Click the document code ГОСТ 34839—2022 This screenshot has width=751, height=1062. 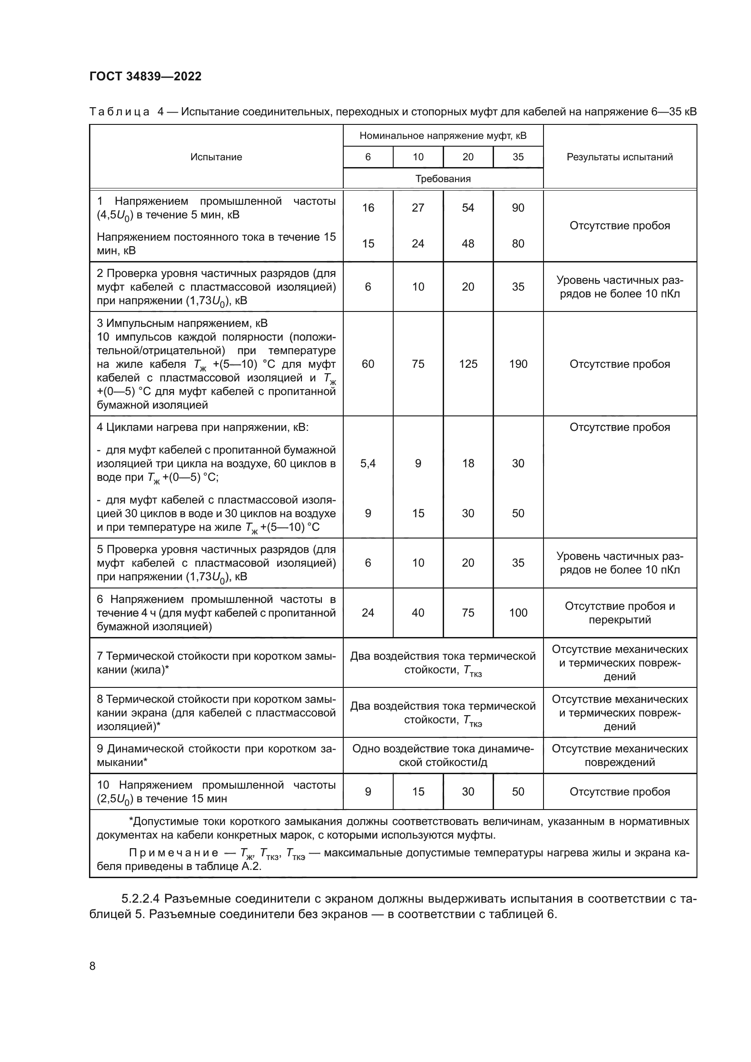(x=146, y=76)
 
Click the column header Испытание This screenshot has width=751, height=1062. (x=216, y=157)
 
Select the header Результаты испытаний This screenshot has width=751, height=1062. (x=620, y=157)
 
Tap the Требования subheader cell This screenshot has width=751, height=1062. (x=443, y=178)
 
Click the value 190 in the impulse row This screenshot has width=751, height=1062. (x=518, y=364)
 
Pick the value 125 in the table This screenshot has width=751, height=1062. (x=468, y=364)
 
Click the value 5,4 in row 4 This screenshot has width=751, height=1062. (x=368, y=463)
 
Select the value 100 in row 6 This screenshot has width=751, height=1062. (x=518, y=613)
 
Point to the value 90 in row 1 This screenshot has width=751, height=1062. (x=518, y=207)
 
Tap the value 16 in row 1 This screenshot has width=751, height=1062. (x=368, y=207)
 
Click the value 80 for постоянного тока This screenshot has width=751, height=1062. (x=518, y=243)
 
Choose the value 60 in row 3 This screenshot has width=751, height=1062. (x=368, y=364)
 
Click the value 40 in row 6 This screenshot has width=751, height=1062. (x=418, y=613)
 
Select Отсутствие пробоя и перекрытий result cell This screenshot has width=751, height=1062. (x=620, y=613)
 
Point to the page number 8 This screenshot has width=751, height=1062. (x=93, y=966)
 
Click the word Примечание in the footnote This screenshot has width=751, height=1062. (x=173, y=853)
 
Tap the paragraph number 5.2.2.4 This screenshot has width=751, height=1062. (x=140, y=899)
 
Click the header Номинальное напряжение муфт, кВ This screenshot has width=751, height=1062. (x=443, y=135)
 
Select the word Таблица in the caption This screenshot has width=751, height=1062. (x=119, y=112)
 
